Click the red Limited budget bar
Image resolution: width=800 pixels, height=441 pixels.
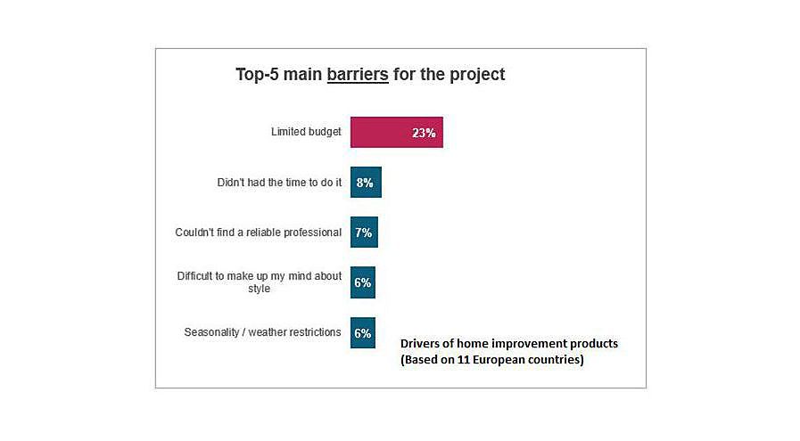396,132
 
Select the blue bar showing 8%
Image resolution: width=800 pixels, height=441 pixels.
366,182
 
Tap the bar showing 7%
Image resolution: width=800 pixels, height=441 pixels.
364,232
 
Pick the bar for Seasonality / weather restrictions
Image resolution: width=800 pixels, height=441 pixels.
363,332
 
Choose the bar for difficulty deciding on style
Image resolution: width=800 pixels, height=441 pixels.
363,282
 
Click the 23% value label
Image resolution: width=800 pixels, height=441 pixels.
424,133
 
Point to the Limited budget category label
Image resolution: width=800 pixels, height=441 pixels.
306,132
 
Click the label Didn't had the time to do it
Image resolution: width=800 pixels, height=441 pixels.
279,182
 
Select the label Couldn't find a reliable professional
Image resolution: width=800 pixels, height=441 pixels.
258,233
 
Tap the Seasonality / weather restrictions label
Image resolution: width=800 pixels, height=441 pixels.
262,332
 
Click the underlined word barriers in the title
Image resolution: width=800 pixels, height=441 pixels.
358,75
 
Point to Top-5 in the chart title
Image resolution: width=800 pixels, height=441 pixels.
257,75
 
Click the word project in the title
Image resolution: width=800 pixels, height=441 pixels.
477,75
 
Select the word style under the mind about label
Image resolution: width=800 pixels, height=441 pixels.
260,289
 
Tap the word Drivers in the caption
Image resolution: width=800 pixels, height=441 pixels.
418,344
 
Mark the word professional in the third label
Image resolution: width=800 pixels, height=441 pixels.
312,233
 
